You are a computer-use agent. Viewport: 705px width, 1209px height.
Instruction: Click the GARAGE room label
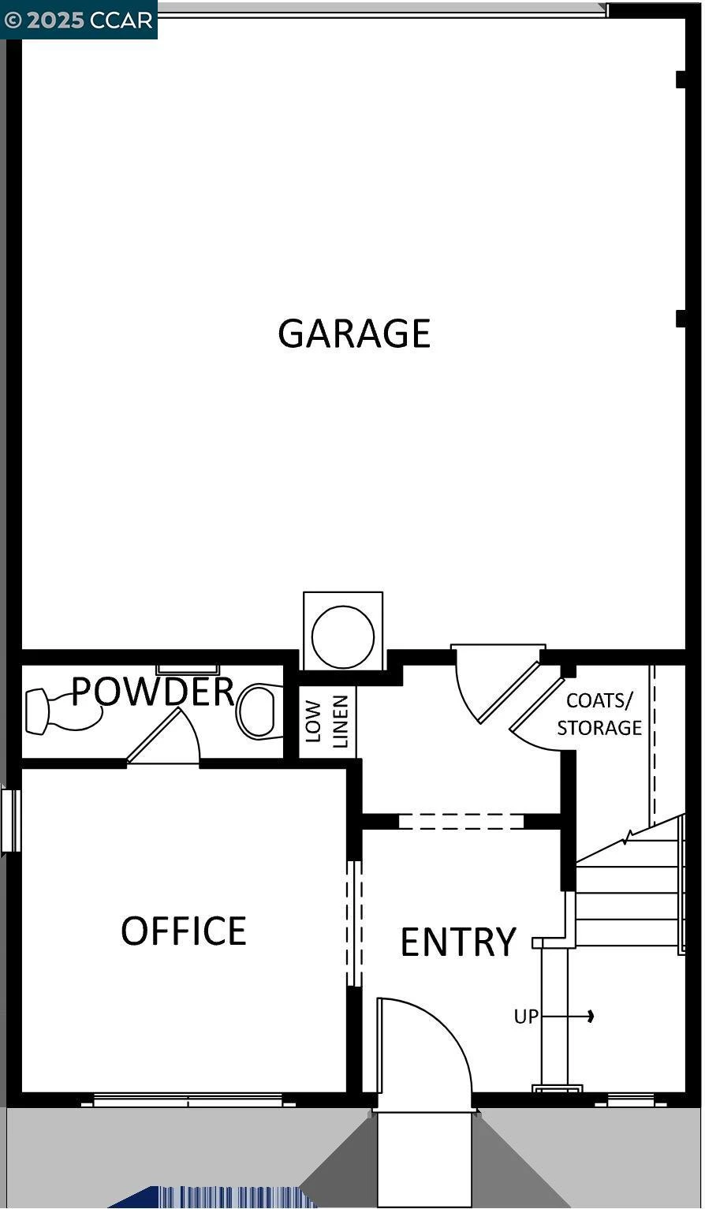(354, 333)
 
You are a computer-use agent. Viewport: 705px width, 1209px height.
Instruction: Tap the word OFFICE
(184, 931)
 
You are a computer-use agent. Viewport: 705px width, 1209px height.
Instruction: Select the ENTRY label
(458, 942)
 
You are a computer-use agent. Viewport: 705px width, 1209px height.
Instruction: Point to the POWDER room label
(153, 691)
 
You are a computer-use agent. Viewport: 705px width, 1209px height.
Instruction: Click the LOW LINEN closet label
(326, 722)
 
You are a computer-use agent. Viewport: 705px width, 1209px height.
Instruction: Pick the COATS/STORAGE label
(599, 714)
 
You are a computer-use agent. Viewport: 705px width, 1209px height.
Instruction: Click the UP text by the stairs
(526, 1017)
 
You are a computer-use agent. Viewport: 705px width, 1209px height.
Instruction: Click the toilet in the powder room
(261, 711)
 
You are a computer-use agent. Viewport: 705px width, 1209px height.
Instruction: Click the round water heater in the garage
(343, 636)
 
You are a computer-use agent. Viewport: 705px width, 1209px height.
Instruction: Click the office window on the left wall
(9, 820)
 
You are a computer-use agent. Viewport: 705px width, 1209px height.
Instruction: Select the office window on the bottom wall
(188, 1100)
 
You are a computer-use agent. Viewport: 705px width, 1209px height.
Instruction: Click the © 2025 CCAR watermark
(79, 20)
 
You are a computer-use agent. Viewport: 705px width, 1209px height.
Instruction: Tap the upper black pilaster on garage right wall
(681, 80)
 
